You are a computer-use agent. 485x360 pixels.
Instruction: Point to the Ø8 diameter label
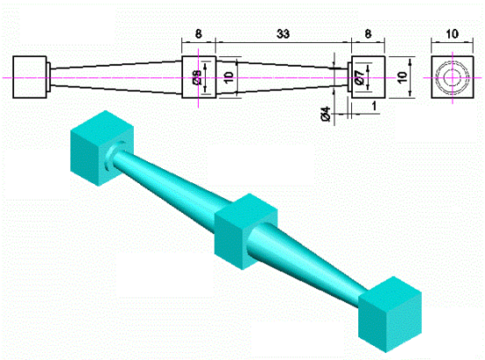(197, 78)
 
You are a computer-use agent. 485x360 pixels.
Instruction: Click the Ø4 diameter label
(325, 113)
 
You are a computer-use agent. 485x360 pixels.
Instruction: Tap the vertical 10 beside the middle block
(228, 78)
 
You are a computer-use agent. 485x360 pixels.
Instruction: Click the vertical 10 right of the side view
(403, 77)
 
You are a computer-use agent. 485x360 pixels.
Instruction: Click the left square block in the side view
(32, 77)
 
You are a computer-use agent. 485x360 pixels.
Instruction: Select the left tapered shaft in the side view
(114, 77)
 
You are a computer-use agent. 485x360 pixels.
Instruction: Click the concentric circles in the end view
(452, 77)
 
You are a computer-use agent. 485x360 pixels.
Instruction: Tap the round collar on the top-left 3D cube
(111, 162)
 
